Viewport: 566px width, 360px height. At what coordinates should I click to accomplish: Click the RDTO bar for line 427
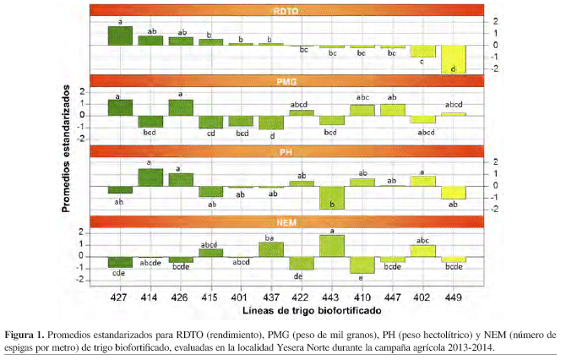[120, 35]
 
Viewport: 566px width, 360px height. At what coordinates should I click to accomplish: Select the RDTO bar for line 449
[454, 59]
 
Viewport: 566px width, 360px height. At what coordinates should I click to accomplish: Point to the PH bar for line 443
[332, 197]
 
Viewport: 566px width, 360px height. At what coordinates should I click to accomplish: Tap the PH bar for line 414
[150, 177]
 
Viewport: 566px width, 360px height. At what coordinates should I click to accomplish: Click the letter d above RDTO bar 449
[454, 68]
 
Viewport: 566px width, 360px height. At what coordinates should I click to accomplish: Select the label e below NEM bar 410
[362, 278]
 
